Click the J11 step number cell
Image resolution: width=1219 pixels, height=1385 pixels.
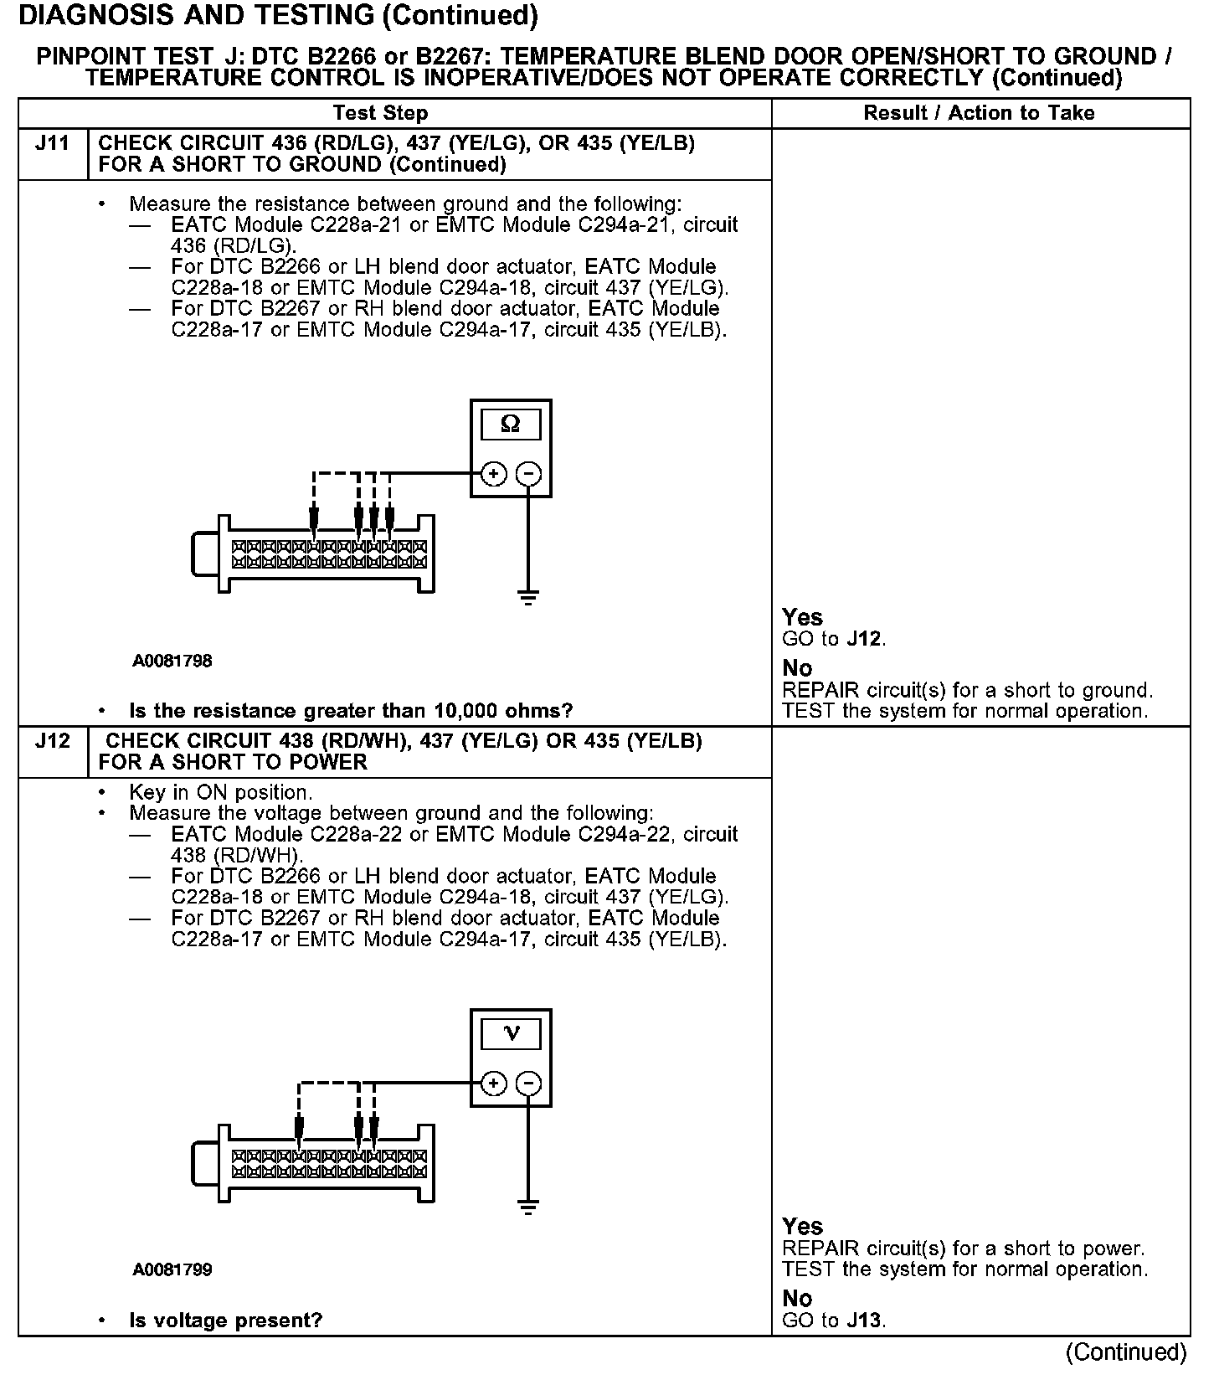coord(52,144)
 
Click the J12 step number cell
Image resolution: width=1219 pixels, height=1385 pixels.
coord(52,742)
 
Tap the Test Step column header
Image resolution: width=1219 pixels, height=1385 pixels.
coord(380,113)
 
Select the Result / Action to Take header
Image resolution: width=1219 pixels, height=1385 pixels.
coord(979,113)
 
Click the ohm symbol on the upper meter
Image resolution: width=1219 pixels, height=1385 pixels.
coord(510,425)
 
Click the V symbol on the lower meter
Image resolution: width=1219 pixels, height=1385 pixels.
coord(511,1034)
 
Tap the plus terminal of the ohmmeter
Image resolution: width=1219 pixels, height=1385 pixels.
coord(494,474)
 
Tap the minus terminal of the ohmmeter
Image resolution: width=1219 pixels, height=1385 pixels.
coord(527,474)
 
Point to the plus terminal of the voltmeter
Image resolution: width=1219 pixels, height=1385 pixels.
coord(494,1084)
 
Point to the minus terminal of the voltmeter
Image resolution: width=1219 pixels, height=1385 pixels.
coord(527,1084)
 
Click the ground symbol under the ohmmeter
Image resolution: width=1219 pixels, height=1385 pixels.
coord(527,598)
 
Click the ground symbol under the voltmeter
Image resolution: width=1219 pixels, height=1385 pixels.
coord(527,1207)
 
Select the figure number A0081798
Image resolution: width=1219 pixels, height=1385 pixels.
coord(172,662)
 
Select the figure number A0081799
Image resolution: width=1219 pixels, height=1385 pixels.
coord(172,1270)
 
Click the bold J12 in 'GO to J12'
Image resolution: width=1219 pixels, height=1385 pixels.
coord(864,639)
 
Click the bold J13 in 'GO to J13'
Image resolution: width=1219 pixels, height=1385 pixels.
coord(864,1321)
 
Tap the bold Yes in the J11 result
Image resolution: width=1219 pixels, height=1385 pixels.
coord(802,617)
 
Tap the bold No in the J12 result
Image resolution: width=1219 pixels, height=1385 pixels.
coord(797,1299)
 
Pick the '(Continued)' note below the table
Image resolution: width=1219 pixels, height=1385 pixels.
coord(1126,1352)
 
